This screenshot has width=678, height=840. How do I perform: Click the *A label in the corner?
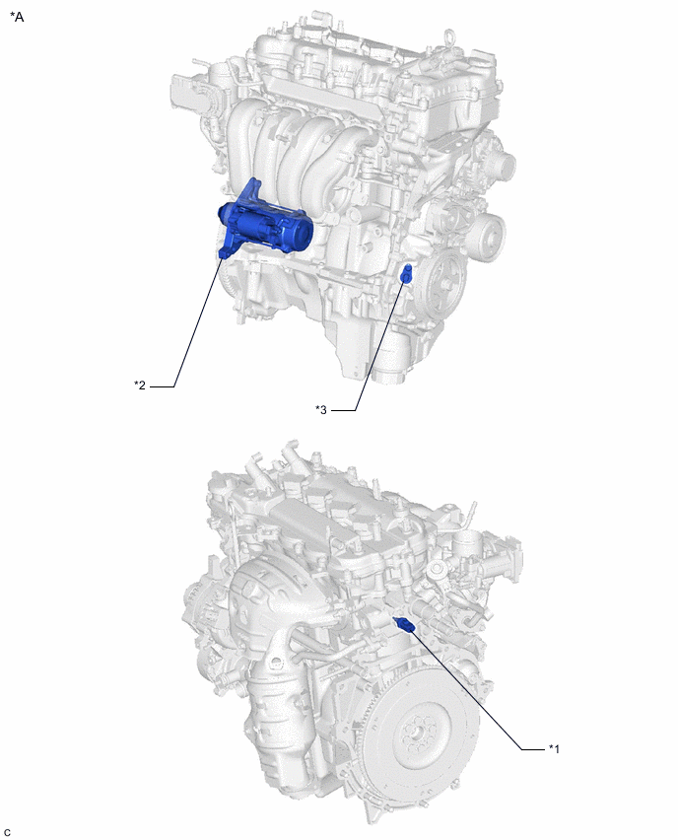coord(17,17)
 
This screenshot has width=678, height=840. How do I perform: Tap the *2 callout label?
coord(140,385)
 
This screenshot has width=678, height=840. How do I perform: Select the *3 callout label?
coord(321,410)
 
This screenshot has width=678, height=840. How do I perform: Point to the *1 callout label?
coord(554,748)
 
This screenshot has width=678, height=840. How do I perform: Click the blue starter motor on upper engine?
coord(265,226)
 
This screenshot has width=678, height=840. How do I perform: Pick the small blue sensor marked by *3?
coord(406,274)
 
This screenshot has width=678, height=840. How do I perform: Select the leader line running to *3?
coord(378,346)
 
